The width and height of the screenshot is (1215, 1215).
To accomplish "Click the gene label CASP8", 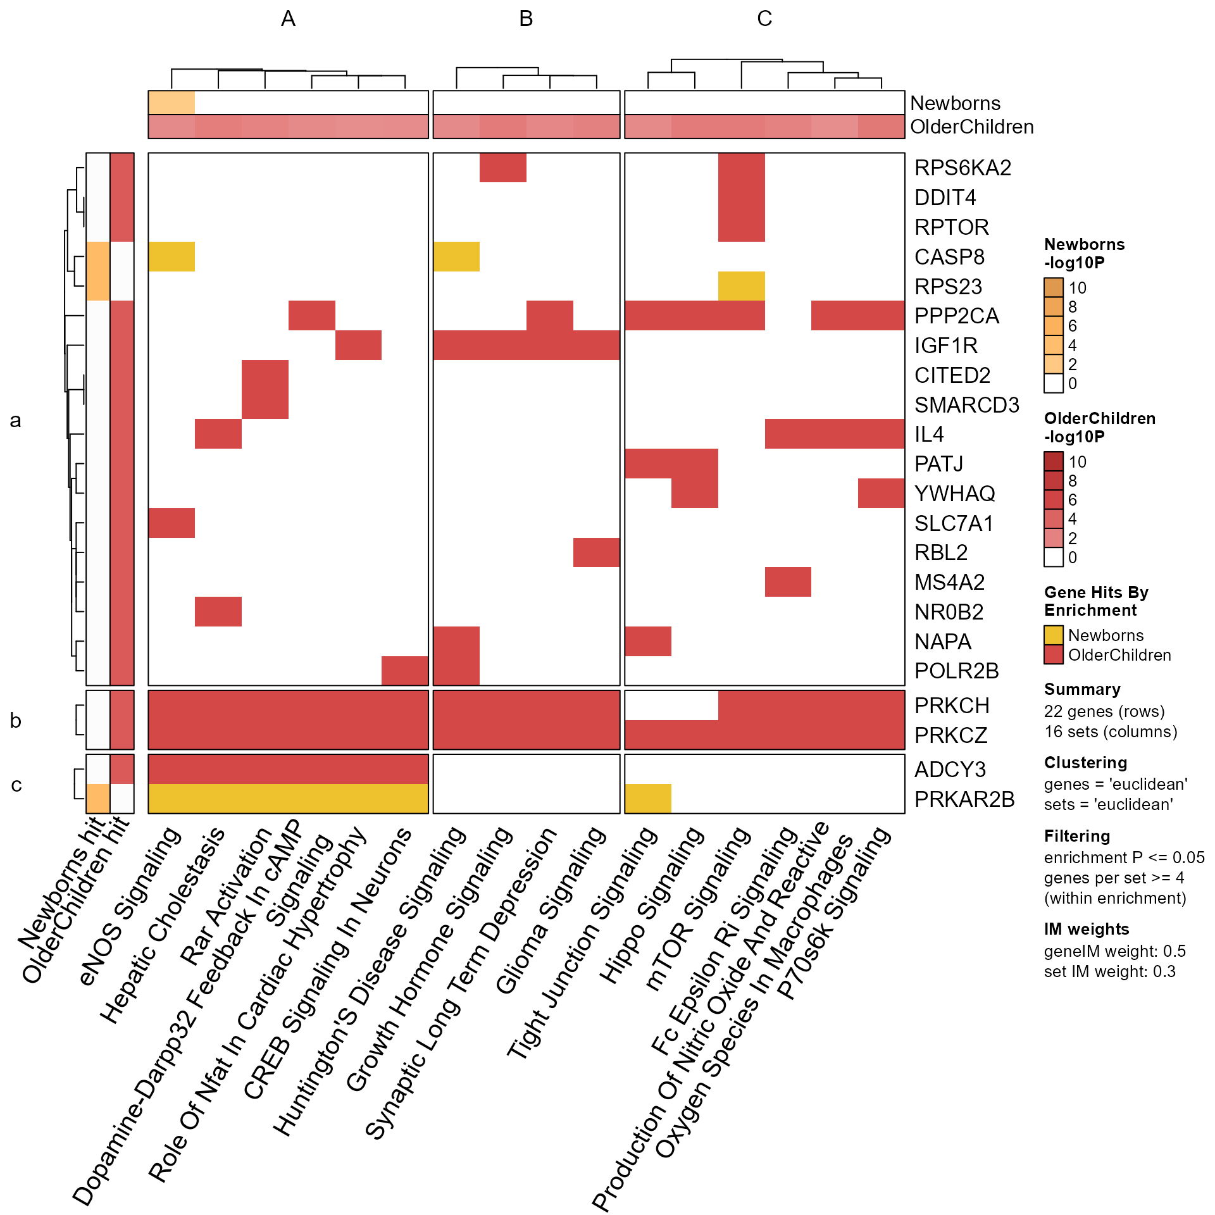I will coord(949,257).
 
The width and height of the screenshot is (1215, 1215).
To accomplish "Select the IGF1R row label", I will coord(946,346).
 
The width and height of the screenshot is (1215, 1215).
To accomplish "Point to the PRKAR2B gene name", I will coord(964,799).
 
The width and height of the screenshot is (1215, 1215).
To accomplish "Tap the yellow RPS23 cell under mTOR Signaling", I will coord(741,286).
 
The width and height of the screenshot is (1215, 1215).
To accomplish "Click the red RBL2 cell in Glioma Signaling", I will coord(596,552).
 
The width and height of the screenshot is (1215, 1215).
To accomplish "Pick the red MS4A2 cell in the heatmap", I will coord(788,582).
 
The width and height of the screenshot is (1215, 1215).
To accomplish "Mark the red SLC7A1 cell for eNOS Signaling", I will coord(171,523).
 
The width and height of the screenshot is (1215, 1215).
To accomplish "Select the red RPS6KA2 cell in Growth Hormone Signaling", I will coord(502,168).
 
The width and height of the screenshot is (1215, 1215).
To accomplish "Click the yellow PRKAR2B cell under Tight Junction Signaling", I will coord(648,799).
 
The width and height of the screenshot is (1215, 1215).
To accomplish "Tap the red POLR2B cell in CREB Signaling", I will coord(405,671).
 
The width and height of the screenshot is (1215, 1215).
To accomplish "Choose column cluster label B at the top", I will coord(526,19).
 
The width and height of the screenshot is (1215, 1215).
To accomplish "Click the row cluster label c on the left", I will coord(16,785).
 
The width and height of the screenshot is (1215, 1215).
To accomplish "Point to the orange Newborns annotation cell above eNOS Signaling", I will coord(171,103).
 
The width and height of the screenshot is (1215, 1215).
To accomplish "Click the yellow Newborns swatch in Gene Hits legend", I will coord(1054,635).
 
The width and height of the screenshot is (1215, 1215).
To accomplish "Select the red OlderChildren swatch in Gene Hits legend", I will coord(1054,655).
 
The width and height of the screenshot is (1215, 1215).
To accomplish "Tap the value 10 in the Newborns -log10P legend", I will coord(1077,288).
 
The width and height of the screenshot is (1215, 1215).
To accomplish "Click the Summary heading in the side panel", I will coord(1082,689).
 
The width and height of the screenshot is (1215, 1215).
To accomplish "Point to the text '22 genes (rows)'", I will coord(1104,711).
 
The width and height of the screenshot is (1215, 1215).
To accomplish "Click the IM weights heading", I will coord(1087,929).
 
